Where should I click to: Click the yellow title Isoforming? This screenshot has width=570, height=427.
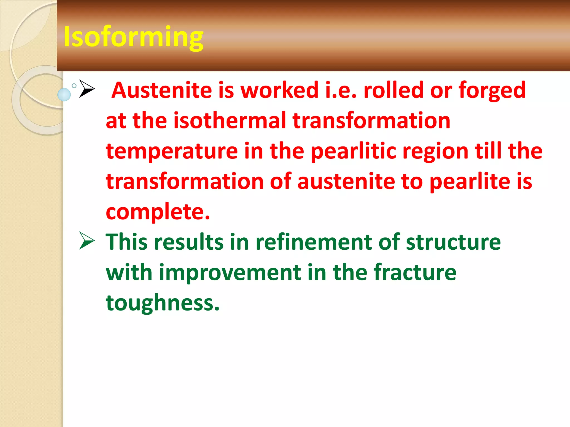pos(133,37)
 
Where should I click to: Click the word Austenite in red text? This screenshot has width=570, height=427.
pos(161,90)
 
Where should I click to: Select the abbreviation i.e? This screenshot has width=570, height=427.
pos(341,90)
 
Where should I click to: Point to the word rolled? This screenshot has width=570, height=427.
pos(394,90)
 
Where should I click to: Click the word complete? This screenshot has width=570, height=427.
pos(158,212)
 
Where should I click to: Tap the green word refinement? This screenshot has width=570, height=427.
pos(313,242)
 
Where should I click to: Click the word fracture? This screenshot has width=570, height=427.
pos(415,272)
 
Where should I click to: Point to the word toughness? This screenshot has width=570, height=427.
pos(163,303)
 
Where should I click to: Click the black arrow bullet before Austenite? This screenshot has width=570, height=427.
pos(87,89)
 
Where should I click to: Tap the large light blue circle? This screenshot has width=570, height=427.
pos(64,95)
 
